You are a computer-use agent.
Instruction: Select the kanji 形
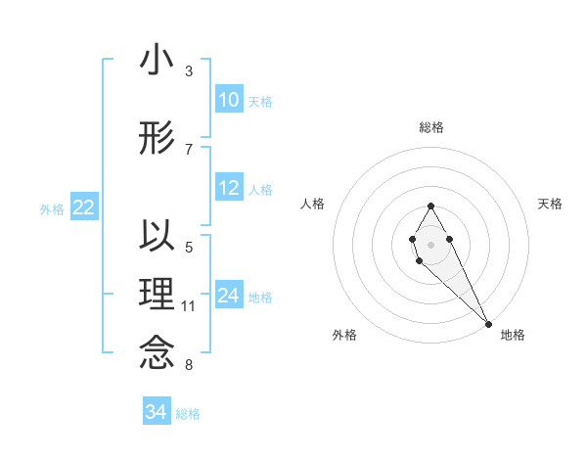click(157, 138)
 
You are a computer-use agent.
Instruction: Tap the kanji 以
click(157, 237)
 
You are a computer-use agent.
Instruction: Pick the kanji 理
click(157, 294)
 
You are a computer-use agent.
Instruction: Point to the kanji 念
click(157, 351)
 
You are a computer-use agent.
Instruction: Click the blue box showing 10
click(229, 100)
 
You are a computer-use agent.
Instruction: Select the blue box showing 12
click(229, 188)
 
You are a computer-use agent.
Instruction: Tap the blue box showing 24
click(229, 296)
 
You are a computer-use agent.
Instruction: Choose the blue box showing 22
click(83, 207)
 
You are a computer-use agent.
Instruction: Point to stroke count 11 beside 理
click(189, 306)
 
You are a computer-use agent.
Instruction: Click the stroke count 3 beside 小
click(189, 71)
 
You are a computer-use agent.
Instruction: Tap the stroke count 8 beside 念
click(189, 365)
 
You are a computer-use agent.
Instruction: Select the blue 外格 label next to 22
click(52, 208)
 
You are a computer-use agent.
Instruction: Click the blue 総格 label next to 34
click(188, 414)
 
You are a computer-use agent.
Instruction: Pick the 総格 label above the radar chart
click(431, 127)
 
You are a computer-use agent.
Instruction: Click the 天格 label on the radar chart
click(551, 204)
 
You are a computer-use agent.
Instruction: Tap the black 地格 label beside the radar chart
click(513, 335)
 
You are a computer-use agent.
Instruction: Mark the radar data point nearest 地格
click(488, 323)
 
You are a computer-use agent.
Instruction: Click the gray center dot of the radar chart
click(430, 243)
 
